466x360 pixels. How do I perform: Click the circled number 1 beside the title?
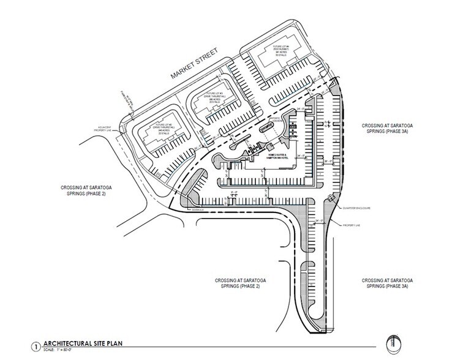39,344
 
